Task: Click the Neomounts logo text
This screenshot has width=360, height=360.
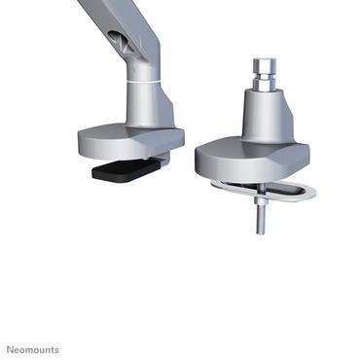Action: click(33, 349)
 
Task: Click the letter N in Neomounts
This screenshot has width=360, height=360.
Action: click(11, 349)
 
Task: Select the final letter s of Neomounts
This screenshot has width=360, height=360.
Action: click(56, 349)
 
